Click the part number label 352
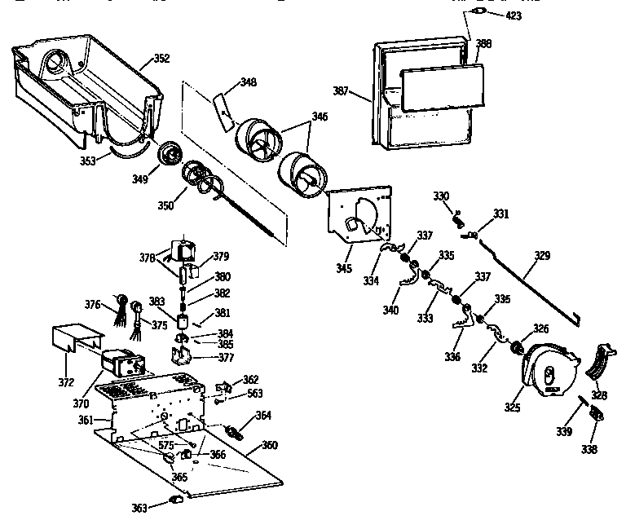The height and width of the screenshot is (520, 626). pos(161,59)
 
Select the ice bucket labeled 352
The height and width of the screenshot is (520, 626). pos(82,90)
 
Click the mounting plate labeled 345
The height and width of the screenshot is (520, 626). pos(359,215)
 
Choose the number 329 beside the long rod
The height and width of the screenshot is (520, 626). pos(542,255)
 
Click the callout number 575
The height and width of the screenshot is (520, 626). pos(166,444)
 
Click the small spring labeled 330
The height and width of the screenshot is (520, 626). pos(458,218)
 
